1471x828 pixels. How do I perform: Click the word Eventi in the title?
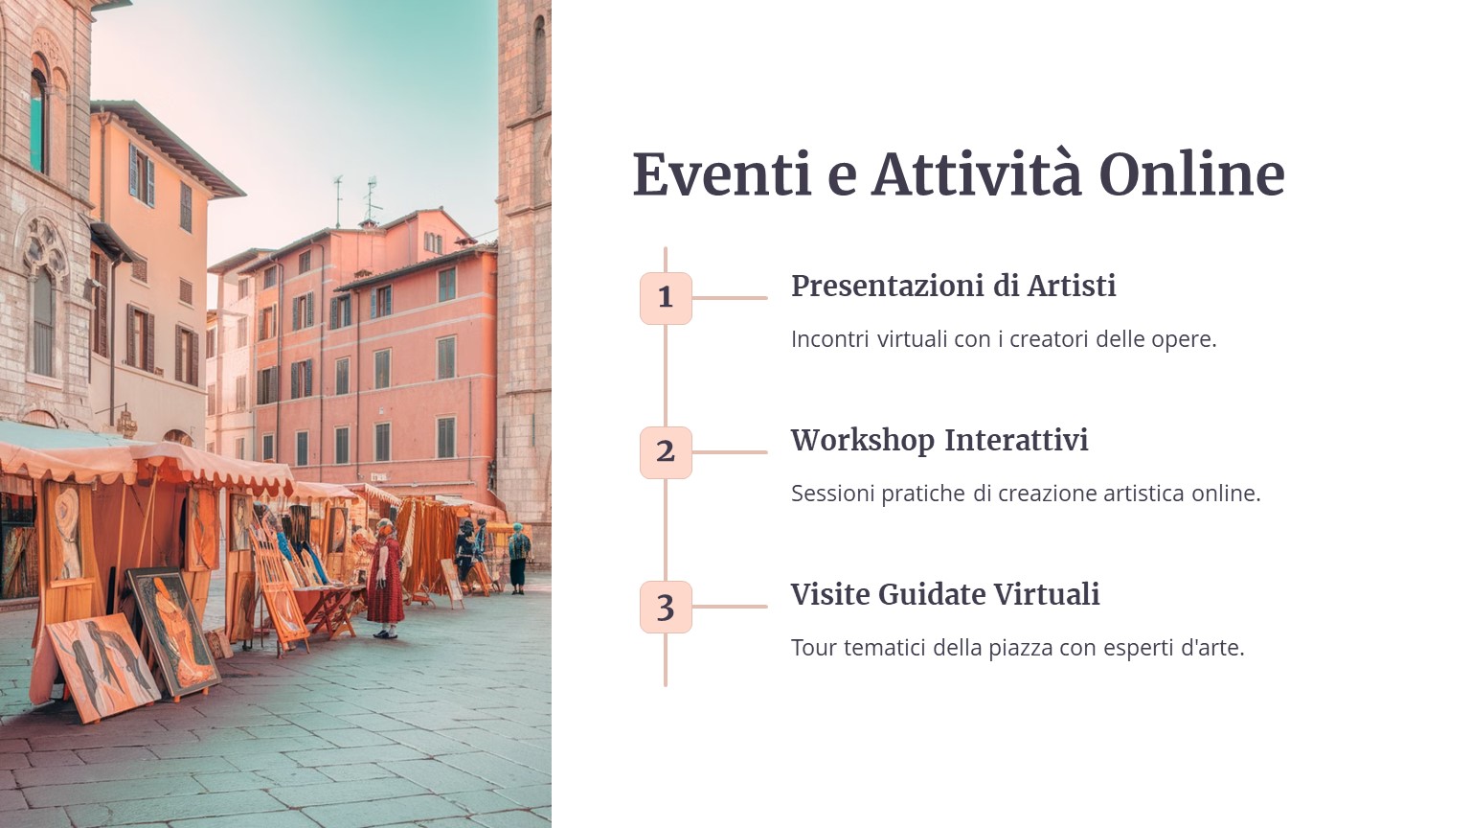point(722,174)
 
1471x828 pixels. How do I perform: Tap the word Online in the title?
point(1192,174)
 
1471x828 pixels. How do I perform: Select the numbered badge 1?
point(666,298)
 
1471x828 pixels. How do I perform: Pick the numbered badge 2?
point(666,452)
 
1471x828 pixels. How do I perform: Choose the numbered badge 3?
point(666,608)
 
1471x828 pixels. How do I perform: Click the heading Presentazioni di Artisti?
point(954,287)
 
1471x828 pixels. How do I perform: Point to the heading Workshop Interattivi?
point(939,441)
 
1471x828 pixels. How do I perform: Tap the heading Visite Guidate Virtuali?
point(945,595)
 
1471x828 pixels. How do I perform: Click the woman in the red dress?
point(386,579)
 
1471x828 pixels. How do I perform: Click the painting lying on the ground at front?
point(103,667)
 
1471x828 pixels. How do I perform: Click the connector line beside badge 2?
point(730,452)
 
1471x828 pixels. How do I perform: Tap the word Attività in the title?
point(977,174)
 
